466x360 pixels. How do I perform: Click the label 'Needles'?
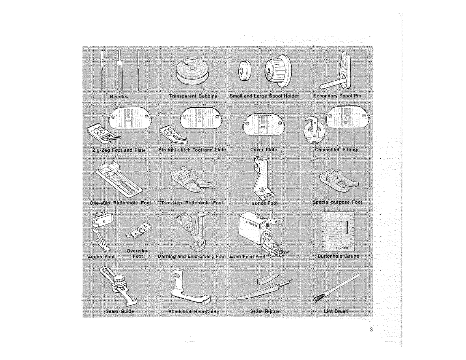tap(119, 97)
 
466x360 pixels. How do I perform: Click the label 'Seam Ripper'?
tap(265, 311)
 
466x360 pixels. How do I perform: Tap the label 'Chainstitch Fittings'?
tap(337, 149)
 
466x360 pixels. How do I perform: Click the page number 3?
tap(371, 329)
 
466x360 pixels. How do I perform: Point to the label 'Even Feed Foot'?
tap(248, 256)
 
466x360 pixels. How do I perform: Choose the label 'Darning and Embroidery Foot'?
tap(192, 256)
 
